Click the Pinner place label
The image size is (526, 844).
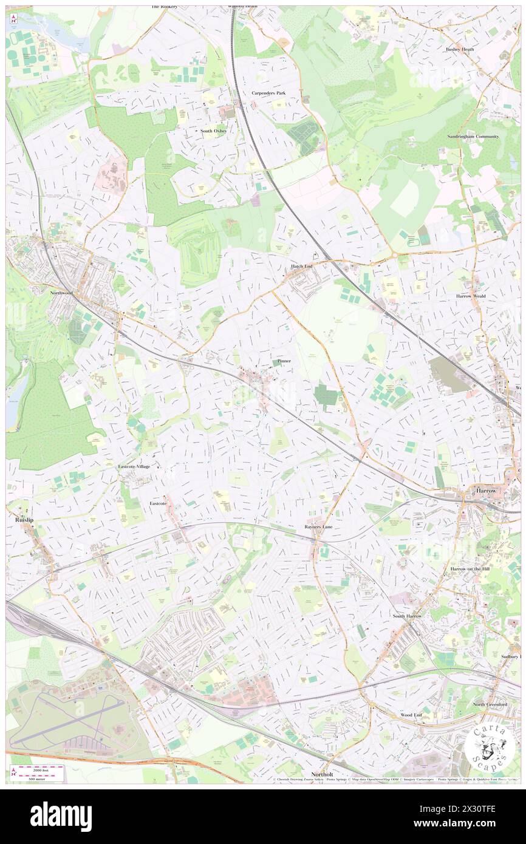[284, 361]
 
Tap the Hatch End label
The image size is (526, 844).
[301, 267]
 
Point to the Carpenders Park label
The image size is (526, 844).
[268, 93]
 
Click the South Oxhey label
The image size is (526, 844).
[214, 131]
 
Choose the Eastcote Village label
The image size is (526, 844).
[134, 466]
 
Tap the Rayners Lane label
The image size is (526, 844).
[318, 527]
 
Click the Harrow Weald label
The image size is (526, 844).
[471, 296]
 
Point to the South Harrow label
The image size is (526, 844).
[406, 616]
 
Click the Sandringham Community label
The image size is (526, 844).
[473, 137]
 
